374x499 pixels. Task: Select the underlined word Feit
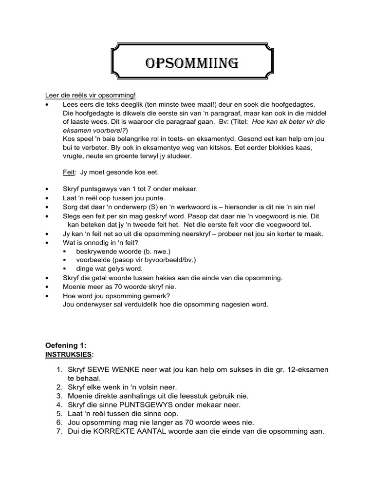tap(68, 172)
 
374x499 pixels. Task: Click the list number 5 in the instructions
tap(60, 414)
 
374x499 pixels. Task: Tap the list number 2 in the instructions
tap(60, 387)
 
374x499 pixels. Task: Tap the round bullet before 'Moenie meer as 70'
tap(46, 287)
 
